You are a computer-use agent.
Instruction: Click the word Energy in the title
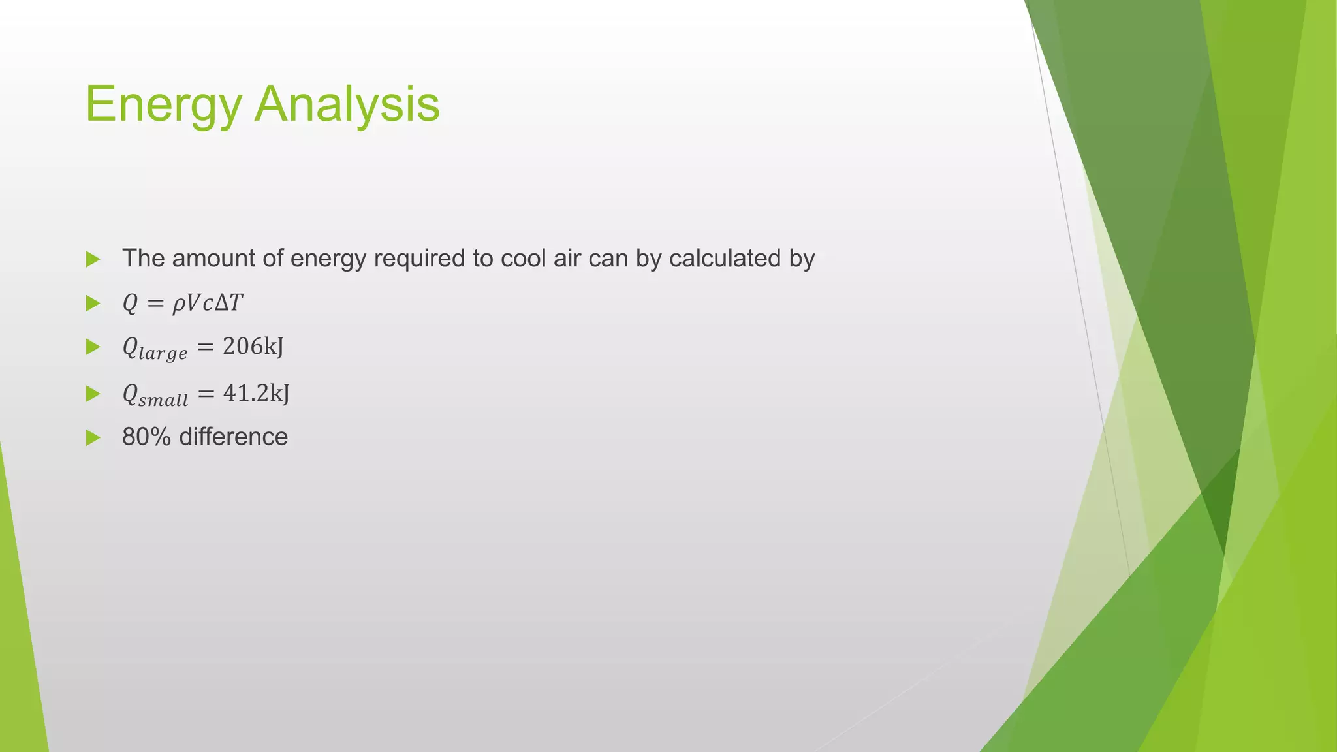click(x=163, y=104)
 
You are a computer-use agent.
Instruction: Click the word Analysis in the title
click(x=347, y=104)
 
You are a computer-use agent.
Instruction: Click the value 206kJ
click(x=253, y=347)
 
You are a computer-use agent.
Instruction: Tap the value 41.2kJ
click(x=257, y=393)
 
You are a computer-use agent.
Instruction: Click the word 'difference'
click(x=233, y=437)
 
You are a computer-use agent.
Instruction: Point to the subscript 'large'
click(x=163, y=353)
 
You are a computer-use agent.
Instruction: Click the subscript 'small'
click(x=164, y=399)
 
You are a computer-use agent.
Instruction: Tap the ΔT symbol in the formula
click(x=228, y=303)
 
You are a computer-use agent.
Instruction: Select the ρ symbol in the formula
click(x=178, y=304)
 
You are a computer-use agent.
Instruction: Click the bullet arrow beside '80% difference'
click(x=93, y=437)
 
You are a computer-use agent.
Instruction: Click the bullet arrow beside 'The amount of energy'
click(x=93, y=259)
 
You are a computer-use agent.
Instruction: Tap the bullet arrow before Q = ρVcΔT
click(x=93, y=303)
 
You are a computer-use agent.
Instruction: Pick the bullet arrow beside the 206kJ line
click(x=93, y=347)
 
